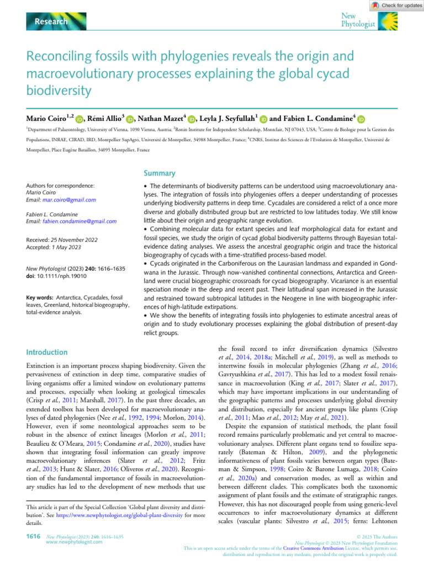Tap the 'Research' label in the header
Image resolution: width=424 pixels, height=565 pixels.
tap(51, 22)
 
